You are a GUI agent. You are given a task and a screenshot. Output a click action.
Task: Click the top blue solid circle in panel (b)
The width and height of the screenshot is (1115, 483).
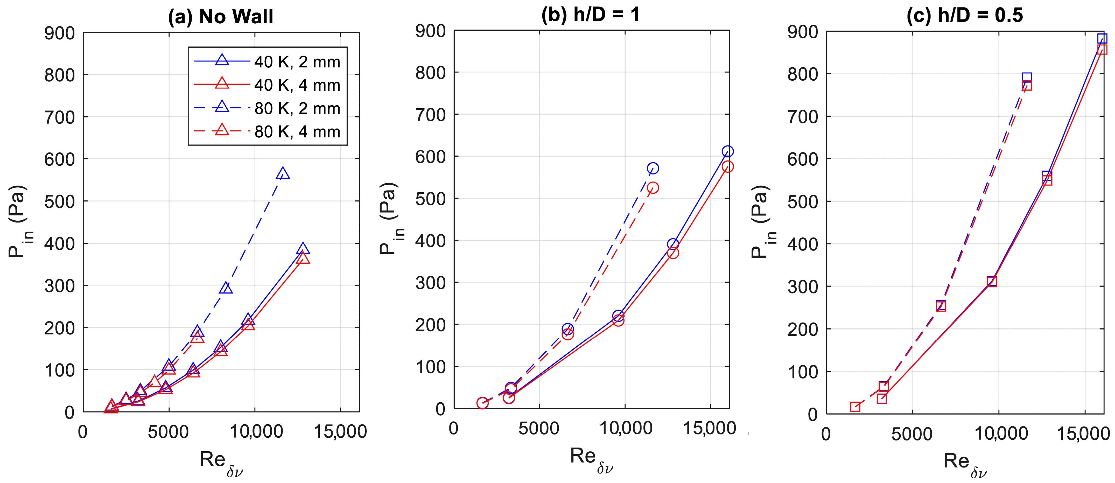tap(728, 151)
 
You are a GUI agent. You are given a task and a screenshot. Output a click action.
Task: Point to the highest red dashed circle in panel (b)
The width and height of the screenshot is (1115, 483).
tap(653, 187)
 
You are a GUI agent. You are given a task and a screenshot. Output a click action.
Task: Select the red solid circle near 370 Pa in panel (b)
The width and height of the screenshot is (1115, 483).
tap(673, 253)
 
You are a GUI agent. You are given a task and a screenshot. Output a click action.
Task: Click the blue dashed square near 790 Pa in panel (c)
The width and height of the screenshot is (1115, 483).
tap(1027, 78)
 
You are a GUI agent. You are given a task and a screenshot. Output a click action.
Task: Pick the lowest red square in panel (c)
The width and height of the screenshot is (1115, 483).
tap(855, 407)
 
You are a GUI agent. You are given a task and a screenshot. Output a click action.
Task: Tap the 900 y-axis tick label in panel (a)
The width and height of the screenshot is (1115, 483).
tap(59, 33)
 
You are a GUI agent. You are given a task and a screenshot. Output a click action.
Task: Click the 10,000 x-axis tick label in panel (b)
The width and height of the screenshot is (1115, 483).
tap(626, 428)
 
